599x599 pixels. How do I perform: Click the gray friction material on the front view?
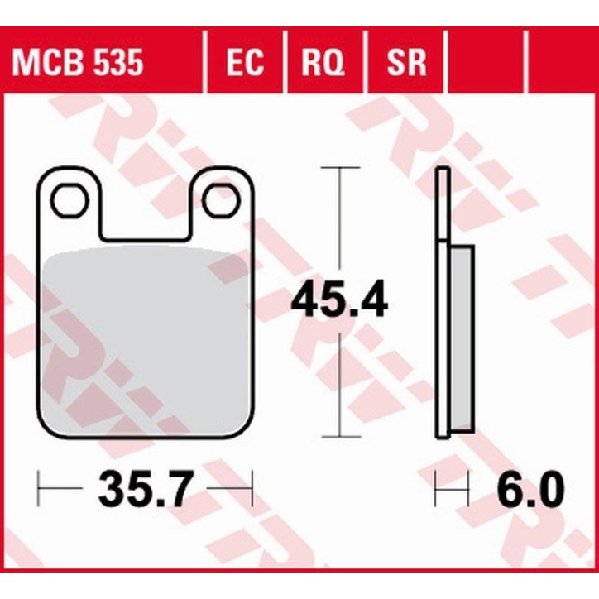tap(145, 339)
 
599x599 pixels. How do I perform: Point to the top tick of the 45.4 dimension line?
tap(340, 168)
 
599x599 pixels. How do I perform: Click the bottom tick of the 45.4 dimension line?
tap(340, 436)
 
